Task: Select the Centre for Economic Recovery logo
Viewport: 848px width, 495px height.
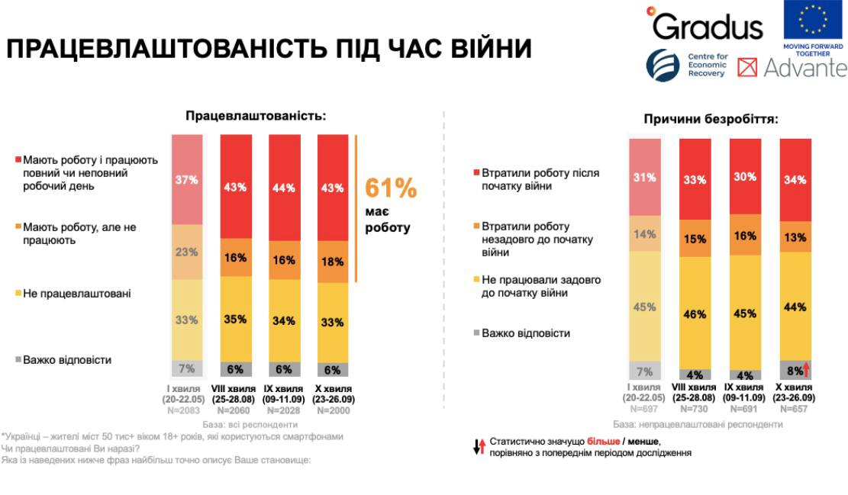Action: click(x=686, y=66)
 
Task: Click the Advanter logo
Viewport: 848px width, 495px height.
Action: click(x=792, y=67)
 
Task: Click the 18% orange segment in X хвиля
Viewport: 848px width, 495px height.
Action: click(x=333, y=262)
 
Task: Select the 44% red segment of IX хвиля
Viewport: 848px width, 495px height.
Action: click(x=284, y=188)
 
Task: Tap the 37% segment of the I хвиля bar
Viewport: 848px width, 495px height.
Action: click(x=187, y=180)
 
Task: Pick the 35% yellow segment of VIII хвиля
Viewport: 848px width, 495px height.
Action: click(x=235, y=319)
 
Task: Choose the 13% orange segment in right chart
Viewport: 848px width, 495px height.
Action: click(x=795, y=236)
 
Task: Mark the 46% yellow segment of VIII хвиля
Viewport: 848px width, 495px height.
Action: click(x=695, y=313)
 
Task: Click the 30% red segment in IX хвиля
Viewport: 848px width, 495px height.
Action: click(x=745, y=176)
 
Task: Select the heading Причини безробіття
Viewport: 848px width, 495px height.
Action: click(x=711, y=119)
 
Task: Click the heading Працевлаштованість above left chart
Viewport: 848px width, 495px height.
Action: click(x=256, y=116)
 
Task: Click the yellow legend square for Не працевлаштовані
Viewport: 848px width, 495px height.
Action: click(x=18, y=293)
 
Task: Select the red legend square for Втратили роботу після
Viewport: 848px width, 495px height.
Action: click(x=476, y=173)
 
